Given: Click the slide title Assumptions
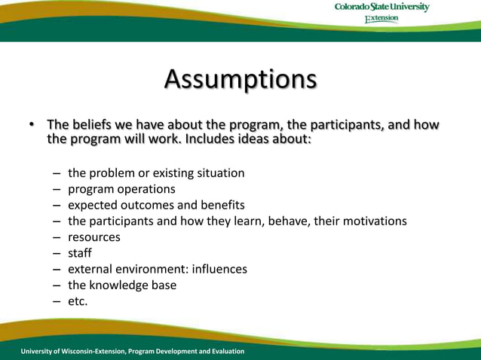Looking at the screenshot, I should (x=240, y=79).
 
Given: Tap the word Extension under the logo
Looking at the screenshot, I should (x=381, y=20).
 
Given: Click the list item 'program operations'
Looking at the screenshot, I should (x=121, y=189).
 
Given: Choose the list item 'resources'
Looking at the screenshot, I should (x=93, y=237).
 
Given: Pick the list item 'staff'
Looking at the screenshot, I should (x=79, y=253).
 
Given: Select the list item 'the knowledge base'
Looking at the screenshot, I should (x=121, y=285).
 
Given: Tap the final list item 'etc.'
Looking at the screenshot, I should (x=78, y=301).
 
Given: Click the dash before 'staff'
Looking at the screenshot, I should (x=57, y=253).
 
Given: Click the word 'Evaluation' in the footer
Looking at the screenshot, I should (x=225, y=352).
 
